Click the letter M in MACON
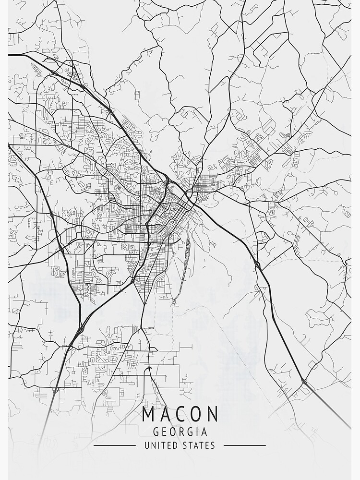149,414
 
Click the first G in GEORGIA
156,432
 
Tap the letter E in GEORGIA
165,432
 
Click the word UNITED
160,445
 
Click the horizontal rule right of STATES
245,445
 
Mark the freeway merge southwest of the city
80,329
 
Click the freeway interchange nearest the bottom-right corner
303,382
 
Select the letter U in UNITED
146,445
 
